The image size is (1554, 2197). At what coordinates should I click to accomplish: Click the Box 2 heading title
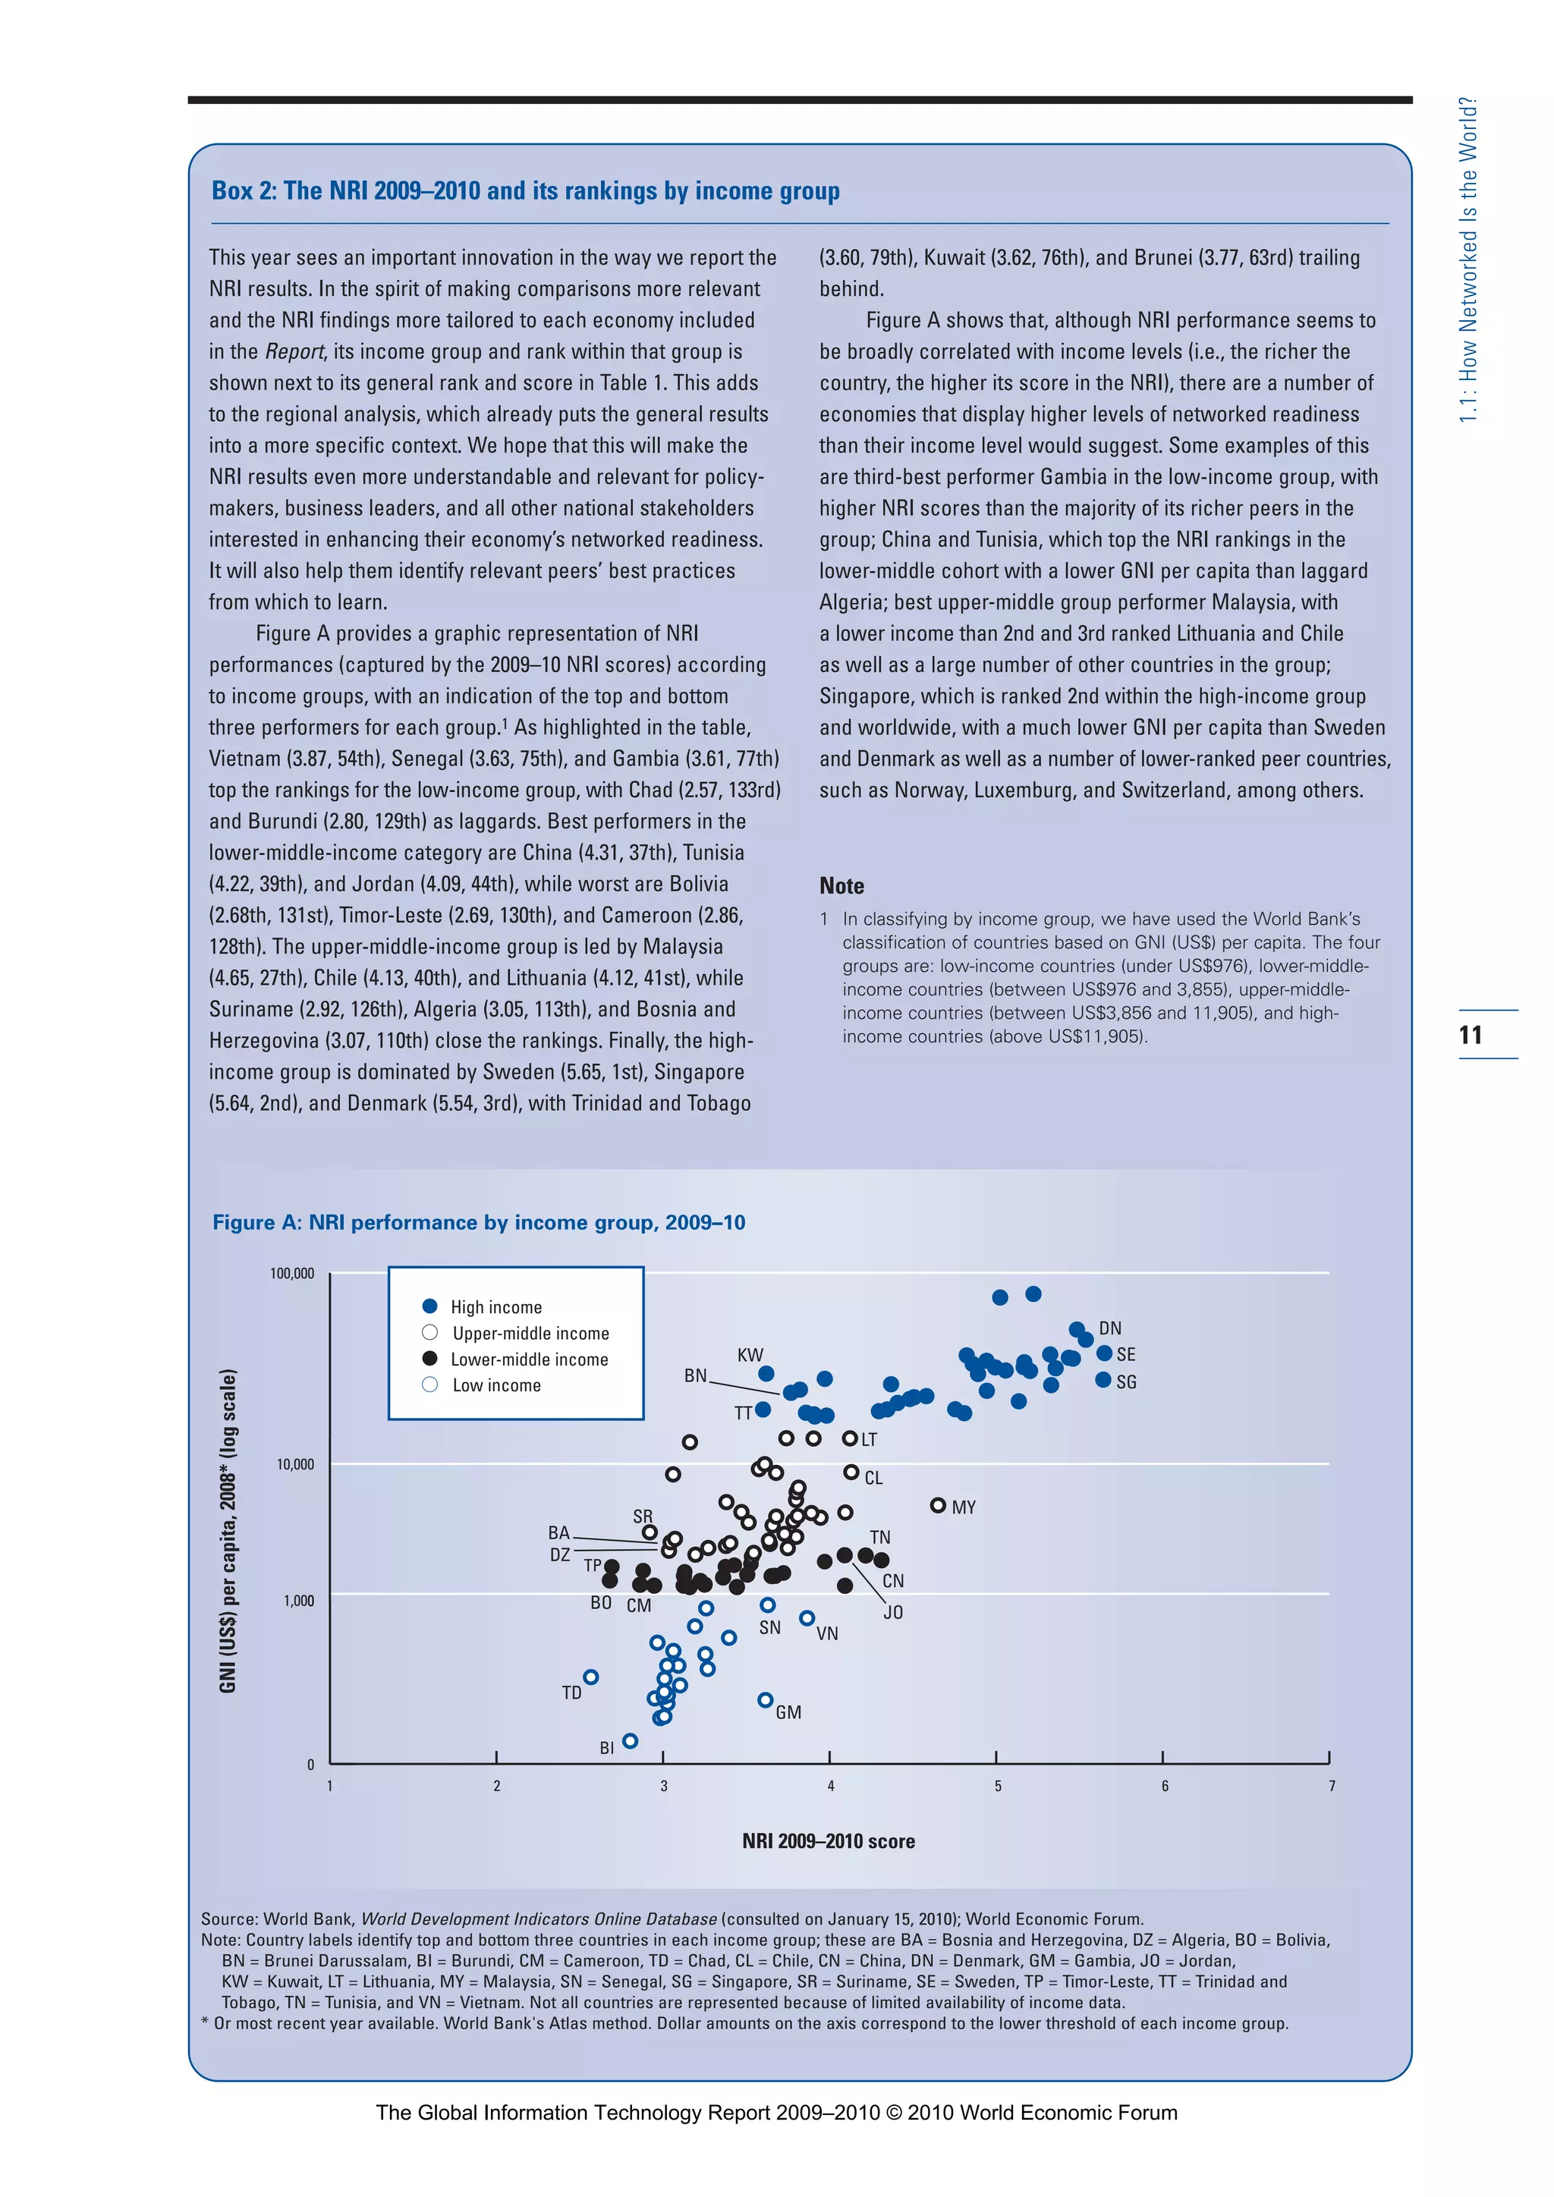525,190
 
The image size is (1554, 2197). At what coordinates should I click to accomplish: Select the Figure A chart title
479,1222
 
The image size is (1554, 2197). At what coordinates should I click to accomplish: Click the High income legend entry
495,1307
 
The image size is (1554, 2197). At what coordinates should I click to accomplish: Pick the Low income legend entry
495,1385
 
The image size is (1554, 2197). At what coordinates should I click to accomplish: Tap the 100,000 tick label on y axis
292,1274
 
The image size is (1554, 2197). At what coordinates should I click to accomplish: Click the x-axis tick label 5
997,1787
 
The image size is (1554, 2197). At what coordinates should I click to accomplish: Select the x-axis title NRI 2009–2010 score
829,1841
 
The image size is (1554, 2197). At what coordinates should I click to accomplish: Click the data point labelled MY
938,1505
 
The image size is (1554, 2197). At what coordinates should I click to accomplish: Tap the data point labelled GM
765,1699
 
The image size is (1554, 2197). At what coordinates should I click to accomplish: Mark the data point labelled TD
591,1677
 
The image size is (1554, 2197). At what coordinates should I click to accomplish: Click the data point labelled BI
630,1740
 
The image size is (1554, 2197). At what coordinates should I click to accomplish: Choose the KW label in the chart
750,1355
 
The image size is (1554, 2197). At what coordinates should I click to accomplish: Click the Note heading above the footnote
841,886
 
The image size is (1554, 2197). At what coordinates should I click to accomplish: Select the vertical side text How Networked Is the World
1469,260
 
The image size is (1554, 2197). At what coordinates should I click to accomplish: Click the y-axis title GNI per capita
228,1531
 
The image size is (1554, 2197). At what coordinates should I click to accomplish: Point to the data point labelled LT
850,1438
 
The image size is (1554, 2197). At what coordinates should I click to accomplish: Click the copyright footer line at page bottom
776,2113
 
